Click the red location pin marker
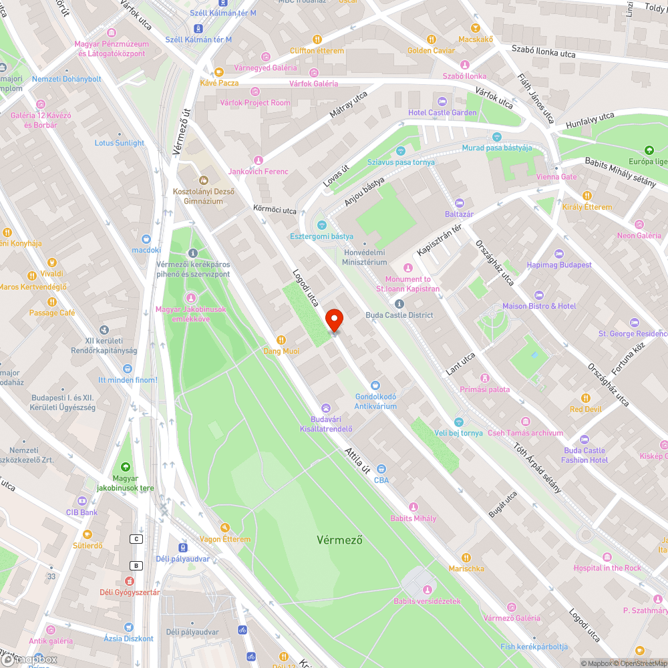(333, 320)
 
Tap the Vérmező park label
(339, 540)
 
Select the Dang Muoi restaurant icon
(281, 339)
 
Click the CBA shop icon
(381, 469)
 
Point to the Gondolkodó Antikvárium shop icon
(375, 385)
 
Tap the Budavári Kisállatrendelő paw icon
(326, 407)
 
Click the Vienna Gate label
(556, 177)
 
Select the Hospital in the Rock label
(607, 568)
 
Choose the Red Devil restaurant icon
(586, 398)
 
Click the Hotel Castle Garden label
(443, 113)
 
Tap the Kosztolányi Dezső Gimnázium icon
(204, 180)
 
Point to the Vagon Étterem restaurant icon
(225, 528)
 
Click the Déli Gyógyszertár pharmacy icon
(130, 580)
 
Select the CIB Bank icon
(82, 500)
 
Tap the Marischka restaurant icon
(466, 557)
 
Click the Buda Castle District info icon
(399, 304)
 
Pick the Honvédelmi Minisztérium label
(365, 257)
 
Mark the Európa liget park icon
(649, 150)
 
